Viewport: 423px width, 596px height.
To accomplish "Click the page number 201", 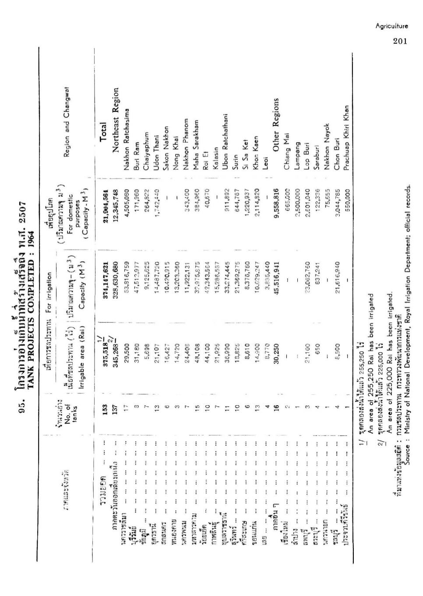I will [x=400, y=41].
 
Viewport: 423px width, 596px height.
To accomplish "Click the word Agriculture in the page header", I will [x=391, y=26].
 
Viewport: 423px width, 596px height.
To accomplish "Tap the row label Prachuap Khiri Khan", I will [x=347, y=138].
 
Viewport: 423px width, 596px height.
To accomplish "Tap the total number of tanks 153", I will [x=105, y=409].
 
